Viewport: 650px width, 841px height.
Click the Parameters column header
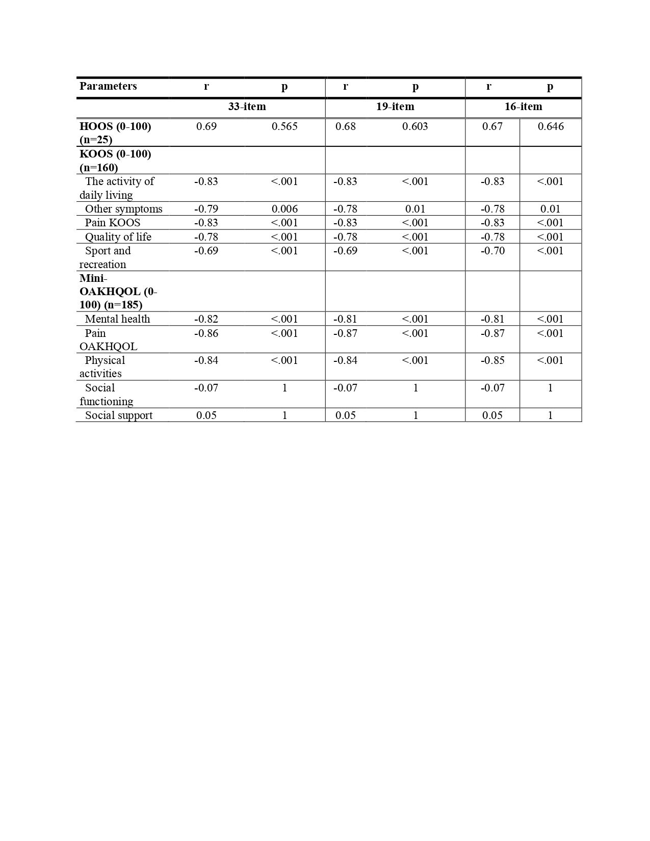tap(108, 86)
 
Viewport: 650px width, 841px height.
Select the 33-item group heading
tap(247, 107)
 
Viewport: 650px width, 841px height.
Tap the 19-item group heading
tap(395, 107)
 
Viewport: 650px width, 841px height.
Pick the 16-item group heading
tap(523, 107)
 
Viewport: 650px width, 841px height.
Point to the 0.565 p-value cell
tap(284, 126)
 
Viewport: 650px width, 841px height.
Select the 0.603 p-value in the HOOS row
tap(415, 126)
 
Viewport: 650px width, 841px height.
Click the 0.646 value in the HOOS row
tap(551, 126)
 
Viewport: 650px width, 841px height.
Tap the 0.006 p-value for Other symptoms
tap(284, 209)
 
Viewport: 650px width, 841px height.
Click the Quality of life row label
tap(118, 237)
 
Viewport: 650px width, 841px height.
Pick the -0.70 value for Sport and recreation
tap(492, 251)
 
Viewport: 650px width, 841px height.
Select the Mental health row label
tap(117, 319)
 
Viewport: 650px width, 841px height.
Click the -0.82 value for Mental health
tap(206, 319)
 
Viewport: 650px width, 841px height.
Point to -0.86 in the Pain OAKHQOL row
tap(206, 333)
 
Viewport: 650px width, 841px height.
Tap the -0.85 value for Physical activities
tap(492, 360)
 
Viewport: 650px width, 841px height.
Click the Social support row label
tap(118, 415)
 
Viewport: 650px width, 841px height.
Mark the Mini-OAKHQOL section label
tap(118, 292)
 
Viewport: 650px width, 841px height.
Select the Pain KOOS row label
tap(112, 223)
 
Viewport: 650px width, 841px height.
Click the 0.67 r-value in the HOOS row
tap(492, 126)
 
